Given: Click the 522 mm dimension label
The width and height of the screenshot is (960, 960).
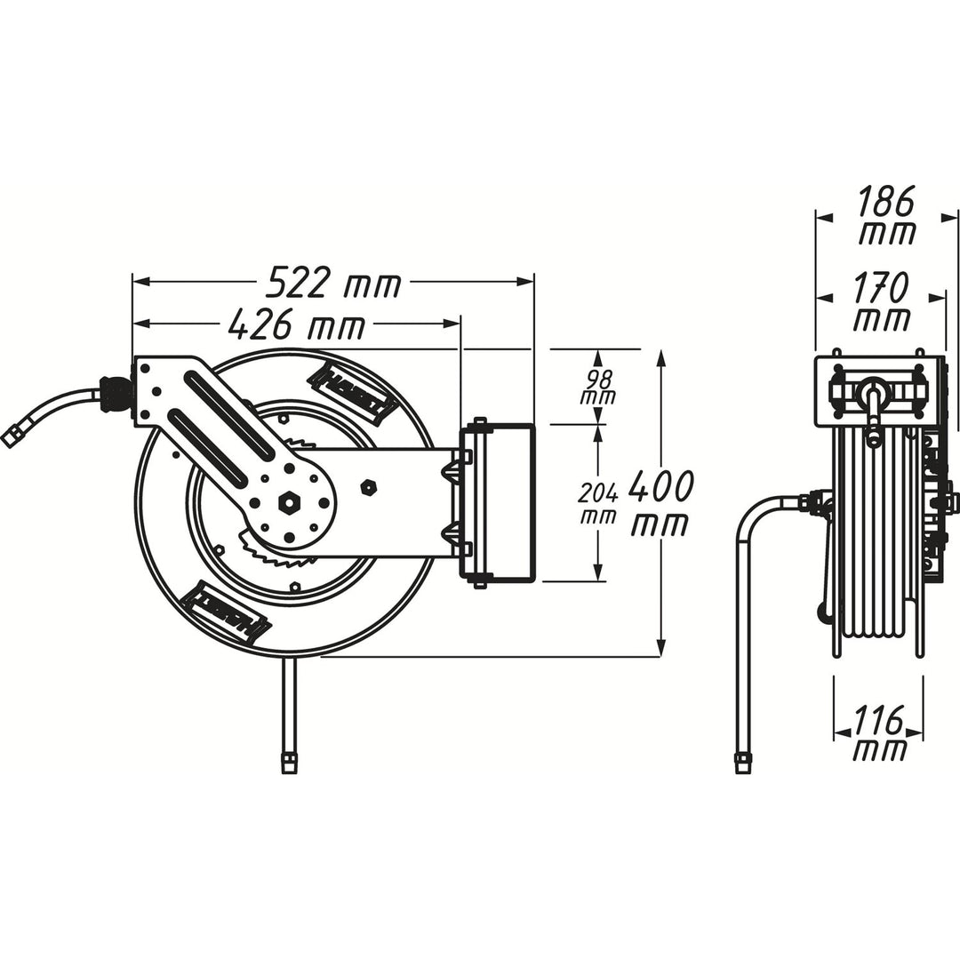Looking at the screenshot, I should click(x=334, y=283).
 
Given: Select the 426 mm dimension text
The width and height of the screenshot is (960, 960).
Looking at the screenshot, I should click(x=297, y=325).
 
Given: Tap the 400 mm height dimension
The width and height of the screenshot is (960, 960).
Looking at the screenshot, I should click(x=660, y=504).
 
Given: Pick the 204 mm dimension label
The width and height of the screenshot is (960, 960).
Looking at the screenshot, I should click(x=597, y=503).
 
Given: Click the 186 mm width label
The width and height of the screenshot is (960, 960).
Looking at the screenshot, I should click(x=887, y=217).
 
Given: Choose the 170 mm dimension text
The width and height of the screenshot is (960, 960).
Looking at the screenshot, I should click(x=882, y=302).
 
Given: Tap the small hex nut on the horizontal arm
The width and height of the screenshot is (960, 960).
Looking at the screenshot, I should click(x=369, y=487).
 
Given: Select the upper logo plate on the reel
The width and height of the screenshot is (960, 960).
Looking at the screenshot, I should click(x=352, y=392).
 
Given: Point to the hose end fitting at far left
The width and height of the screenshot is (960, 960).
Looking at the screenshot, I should click(x=12, y=436).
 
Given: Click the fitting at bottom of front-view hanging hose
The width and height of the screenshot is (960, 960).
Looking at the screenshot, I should click(x=289, y=762).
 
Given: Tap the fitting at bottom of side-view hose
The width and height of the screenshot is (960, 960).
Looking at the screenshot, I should click(x=742, y=762).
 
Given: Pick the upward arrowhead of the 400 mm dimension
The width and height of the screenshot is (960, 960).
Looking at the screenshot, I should click(x=660, y=357).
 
